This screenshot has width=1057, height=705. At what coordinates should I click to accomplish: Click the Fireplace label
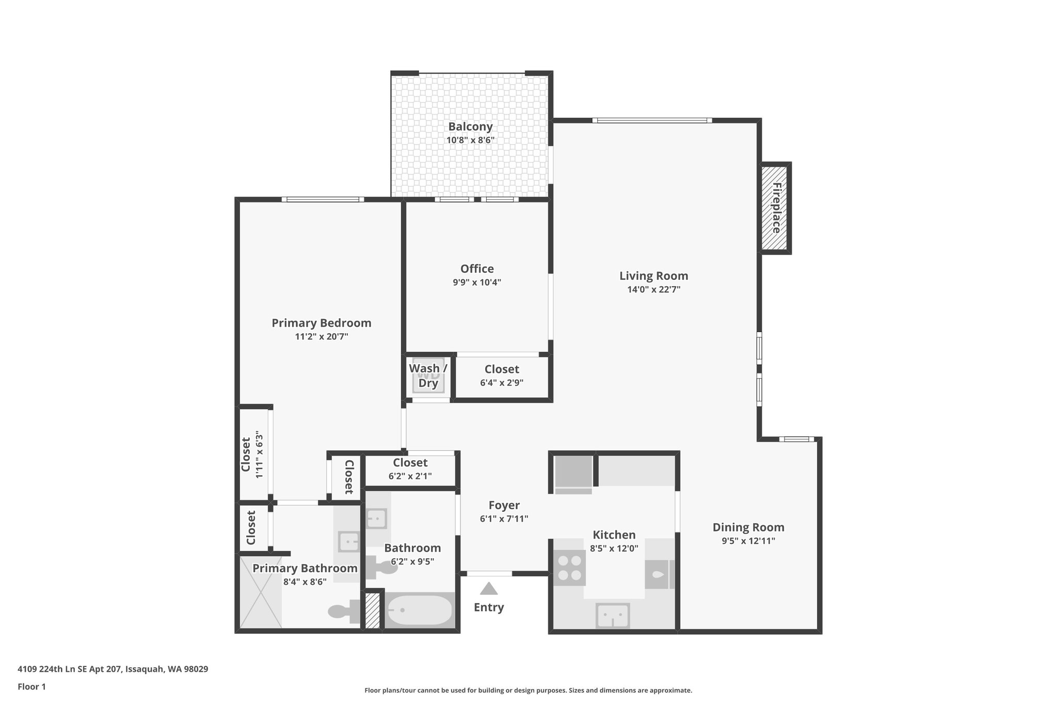776,208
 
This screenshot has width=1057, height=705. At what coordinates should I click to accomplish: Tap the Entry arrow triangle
489,589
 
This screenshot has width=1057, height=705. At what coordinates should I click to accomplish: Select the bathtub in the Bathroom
420,610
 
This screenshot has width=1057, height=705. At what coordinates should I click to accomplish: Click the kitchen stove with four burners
569,568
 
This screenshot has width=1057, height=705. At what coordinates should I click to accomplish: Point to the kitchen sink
613,616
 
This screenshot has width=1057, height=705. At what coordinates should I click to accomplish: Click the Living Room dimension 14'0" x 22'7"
653,290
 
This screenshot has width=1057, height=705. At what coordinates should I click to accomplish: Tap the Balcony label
470,127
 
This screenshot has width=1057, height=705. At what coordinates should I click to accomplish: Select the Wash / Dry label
428,375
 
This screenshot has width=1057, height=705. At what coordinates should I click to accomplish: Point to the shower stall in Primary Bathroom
261,592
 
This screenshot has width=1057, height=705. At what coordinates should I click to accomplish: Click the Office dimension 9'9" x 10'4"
477,283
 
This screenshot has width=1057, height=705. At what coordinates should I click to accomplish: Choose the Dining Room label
748,527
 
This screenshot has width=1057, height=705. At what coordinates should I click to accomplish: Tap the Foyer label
504,505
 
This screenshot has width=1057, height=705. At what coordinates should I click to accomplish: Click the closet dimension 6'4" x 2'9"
502,383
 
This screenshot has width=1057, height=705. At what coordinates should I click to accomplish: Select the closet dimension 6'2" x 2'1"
410,476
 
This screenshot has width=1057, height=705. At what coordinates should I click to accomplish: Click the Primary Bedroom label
321,323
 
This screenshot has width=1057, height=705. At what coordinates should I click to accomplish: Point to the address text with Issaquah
113,669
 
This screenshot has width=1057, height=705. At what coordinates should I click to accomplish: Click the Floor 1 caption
31,687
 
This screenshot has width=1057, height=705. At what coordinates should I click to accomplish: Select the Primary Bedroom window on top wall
323,199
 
